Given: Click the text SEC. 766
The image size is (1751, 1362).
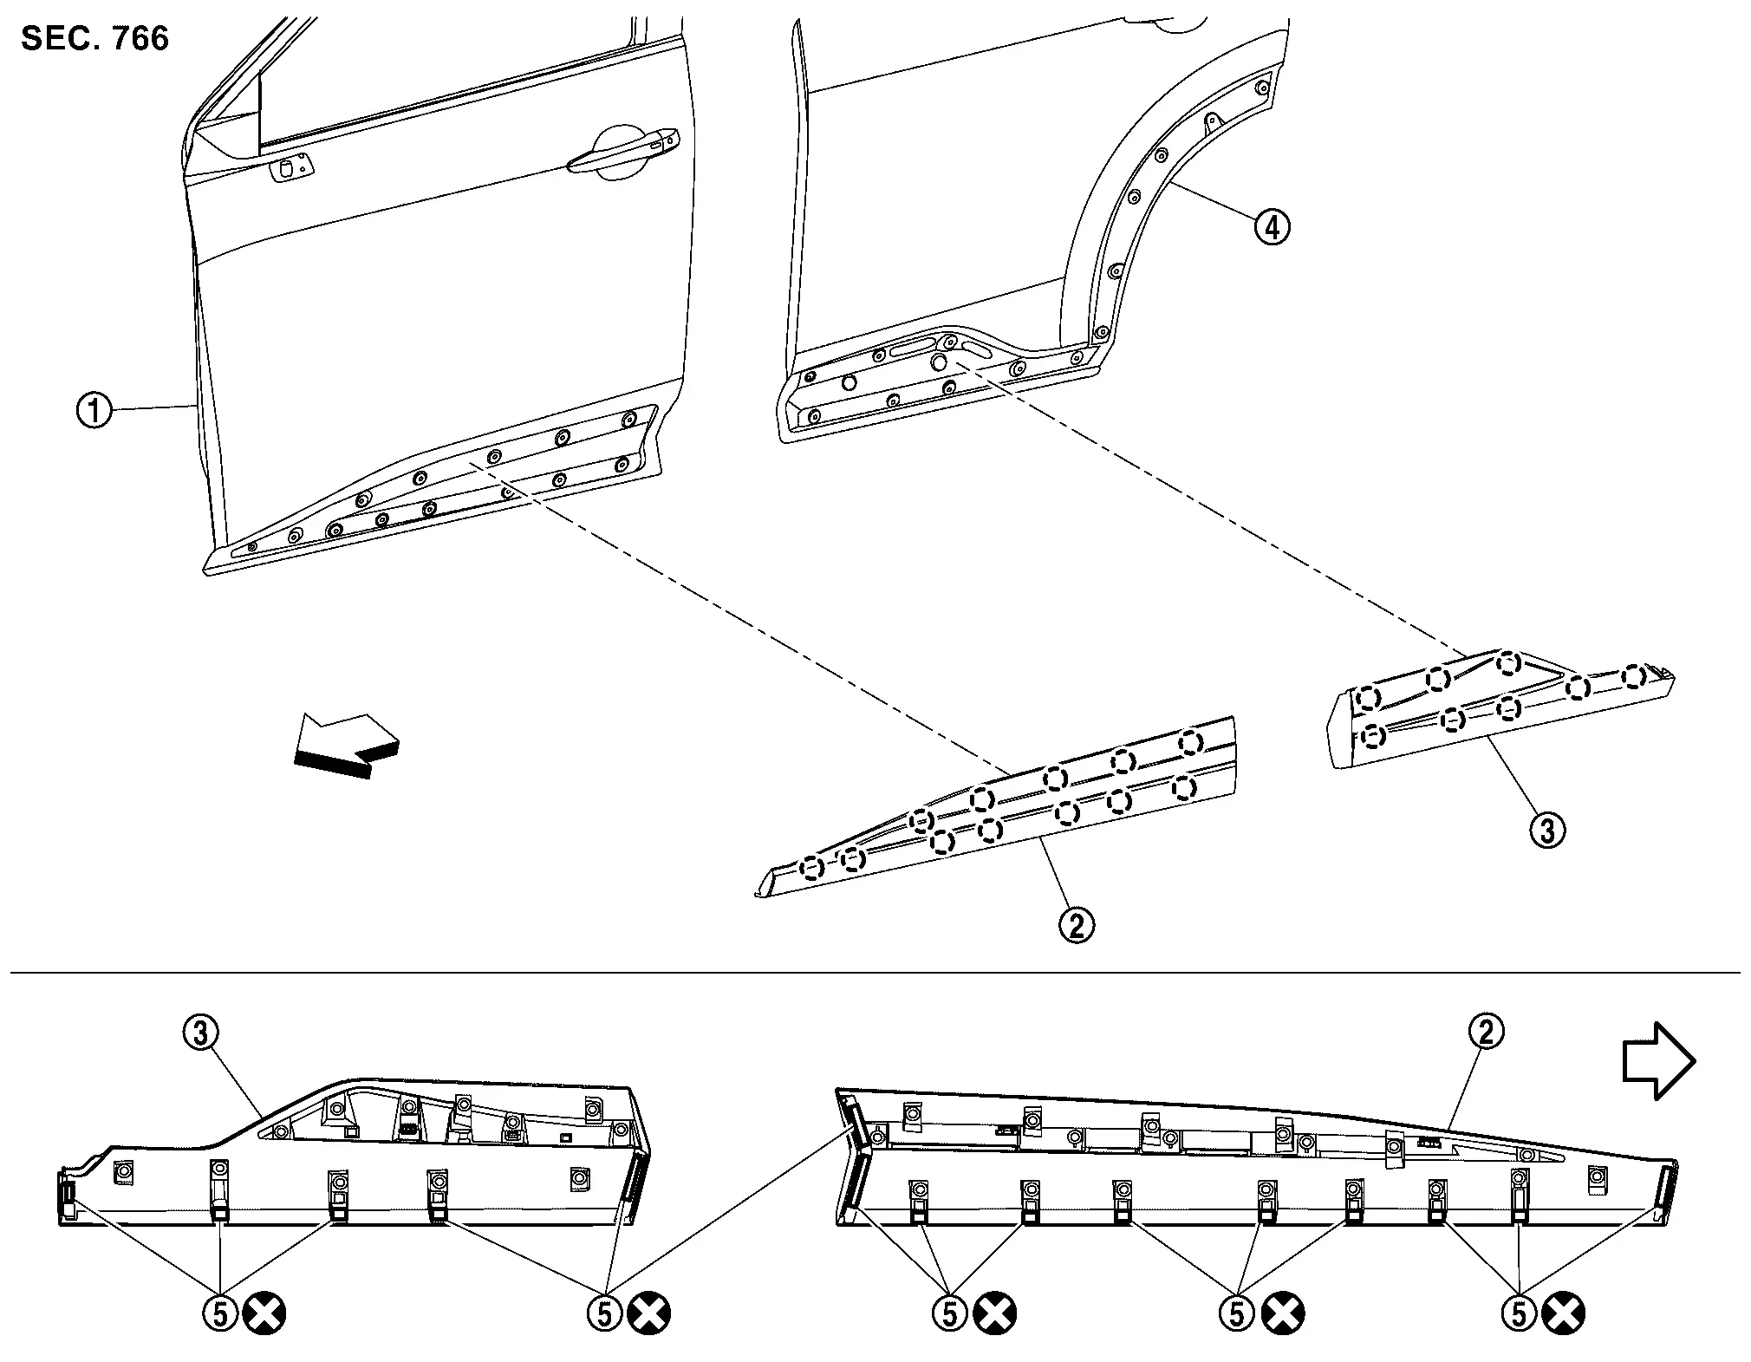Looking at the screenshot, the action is coord(95,39).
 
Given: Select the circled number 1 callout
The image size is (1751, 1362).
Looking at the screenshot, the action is coord(94,410).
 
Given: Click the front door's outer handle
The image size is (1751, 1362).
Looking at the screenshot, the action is coord(622,150).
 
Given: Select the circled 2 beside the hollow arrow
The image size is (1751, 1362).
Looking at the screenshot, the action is coord(1486,1032).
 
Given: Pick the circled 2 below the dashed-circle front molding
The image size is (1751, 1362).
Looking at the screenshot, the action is coord(1077,925).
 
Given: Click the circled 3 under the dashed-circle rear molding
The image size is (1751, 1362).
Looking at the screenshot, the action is coord(1547,830).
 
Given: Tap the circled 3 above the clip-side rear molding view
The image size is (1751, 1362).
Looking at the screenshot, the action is coord(200,1033).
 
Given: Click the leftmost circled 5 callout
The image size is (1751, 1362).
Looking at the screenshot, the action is coord(220,1314).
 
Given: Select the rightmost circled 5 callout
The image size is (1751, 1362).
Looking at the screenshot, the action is coord(1518,1314).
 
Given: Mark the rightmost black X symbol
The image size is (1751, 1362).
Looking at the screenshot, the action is coord(1563,1314).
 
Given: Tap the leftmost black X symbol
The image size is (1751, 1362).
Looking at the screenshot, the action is coord(264,1314).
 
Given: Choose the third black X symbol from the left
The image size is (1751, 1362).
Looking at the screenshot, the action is coord(994,1314).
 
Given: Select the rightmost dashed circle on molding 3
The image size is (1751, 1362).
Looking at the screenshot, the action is coord(1634,675).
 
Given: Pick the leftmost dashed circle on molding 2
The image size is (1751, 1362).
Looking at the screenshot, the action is coord(812,867).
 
